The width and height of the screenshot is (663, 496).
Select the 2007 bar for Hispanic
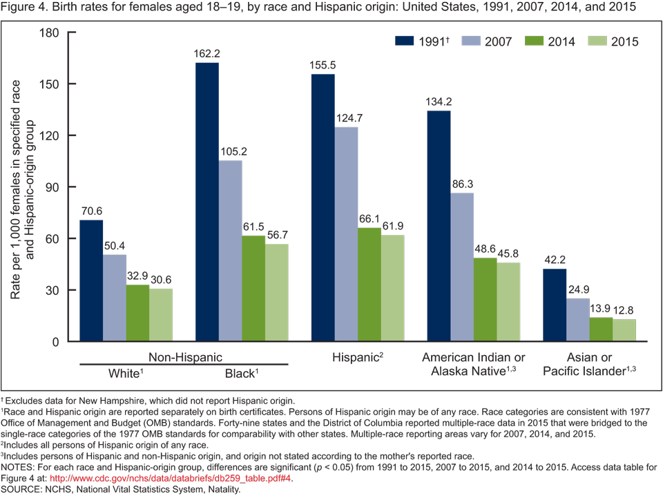346,234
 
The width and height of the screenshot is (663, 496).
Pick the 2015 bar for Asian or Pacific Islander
624,330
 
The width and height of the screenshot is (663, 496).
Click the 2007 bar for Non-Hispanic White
115,298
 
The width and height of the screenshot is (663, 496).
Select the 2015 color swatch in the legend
595,41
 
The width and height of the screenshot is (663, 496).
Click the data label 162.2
207,53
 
